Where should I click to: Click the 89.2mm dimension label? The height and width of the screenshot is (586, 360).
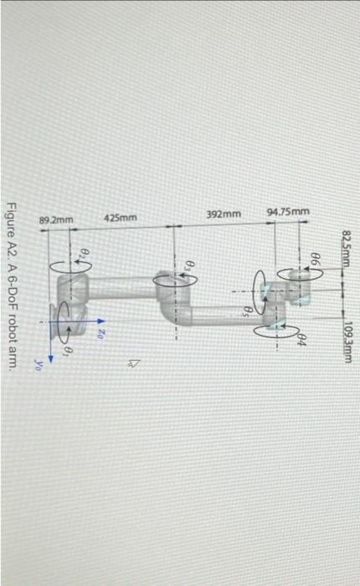(x=56, y=219)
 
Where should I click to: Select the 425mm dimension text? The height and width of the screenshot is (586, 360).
(x=120, y=218)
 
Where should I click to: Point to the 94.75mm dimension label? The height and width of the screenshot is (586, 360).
(x=287, y=212)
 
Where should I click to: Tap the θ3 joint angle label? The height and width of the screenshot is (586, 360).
(x=189, y=267)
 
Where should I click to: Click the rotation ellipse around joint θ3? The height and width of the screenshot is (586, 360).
(x=177, y=281)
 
